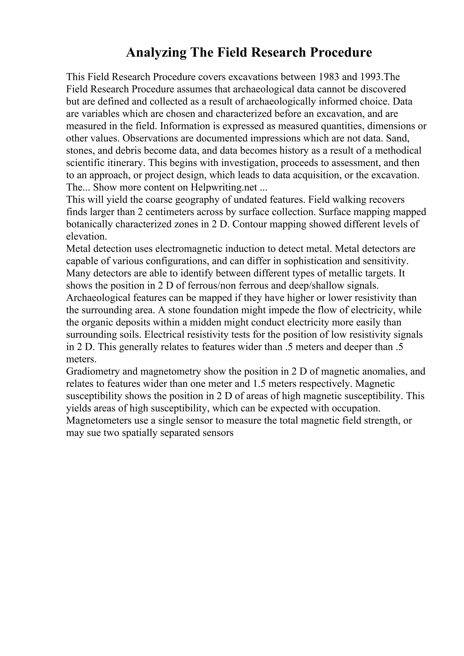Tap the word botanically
(89, 224)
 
